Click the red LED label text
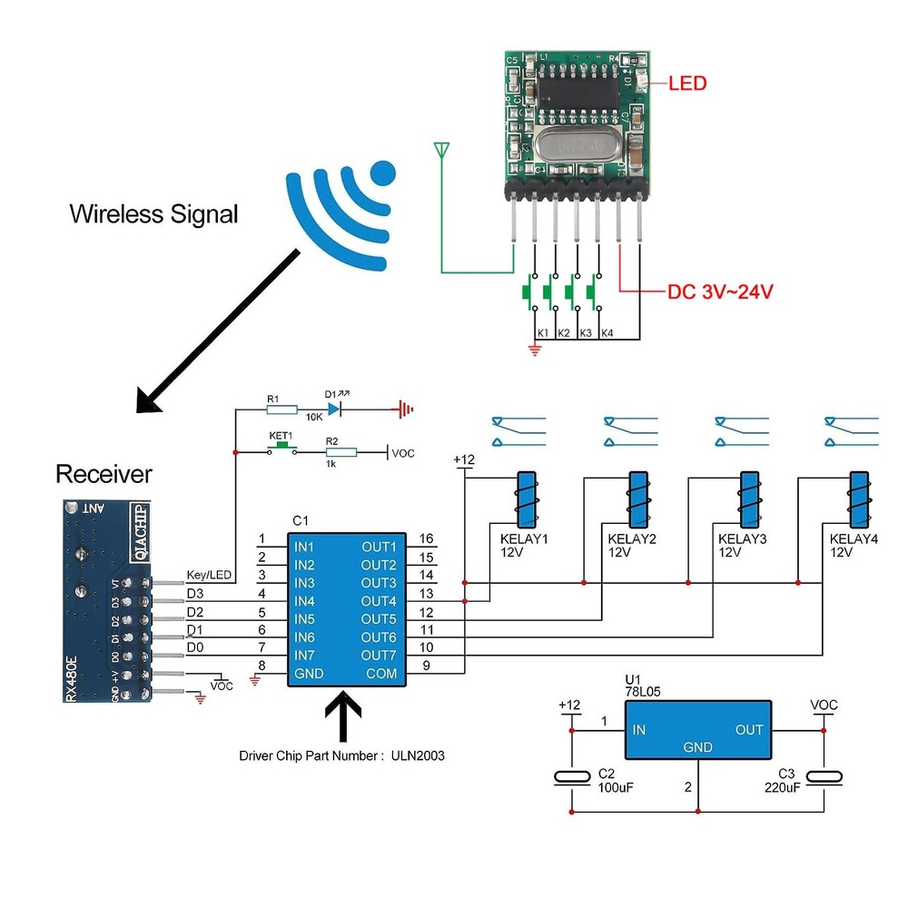click(x=687, y=84)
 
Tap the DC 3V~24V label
click(x=721, y=292)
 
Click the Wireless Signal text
click(x=153, y=214)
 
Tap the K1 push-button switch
click(x=527, y=292)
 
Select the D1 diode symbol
click(x=334, y=410)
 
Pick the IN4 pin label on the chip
click(x=305, y=601)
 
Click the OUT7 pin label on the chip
click(x=379, y=656)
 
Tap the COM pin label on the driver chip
click(x=381, y=674)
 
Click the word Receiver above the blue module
click(x=104, y=474)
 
